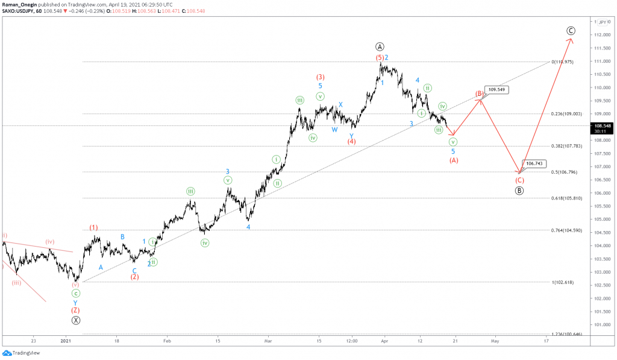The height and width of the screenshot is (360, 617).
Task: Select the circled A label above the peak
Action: [x=380, y=46]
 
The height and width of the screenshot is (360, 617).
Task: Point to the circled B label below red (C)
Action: [x=519, y=191]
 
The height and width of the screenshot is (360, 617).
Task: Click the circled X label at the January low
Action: [x=75, y=320]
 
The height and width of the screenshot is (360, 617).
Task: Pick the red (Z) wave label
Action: [x=75, y=311]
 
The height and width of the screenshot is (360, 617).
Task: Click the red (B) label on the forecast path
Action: [x=480, y=94]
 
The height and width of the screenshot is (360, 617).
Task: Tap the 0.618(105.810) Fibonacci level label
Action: [x=566, y=198]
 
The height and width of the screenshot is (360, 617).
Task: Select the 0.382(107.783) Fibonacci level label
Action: [x=566, y=146]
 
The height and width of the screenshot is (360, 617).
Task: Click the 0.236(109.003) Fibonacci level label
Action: [x=566, y=114]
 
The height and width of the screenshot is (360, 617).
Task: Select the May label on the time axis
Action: [x=495, y=340]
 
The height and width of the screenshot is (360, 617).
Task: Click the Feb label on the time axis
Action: [x=167, y=340]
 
